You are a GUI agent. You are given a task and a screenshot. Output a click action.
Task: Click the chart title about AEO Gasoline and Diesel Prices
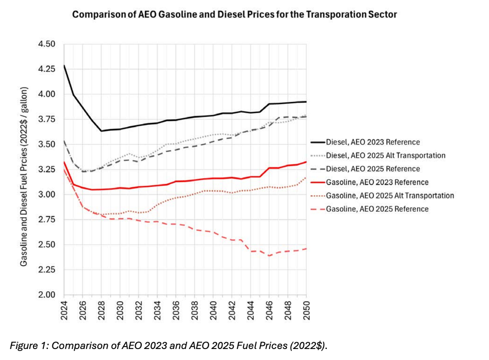coord(235,14)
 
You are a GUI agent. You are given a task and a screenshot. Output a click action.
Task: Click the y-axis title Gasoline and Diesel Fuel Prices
coord(24,177)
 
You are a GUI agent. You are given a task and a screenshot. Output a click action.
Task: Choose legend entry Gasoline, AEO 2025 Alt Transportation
coord(390,195)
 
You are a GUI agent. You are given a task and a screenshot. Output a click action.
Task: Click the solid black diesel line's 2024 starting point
coord(65,66)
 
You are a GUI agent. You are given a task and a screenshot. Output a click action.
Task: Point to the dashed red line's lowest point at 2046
coord(268,256)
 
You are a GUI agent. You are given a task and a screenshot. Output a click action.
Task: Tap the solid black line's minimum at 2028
coord(102,131)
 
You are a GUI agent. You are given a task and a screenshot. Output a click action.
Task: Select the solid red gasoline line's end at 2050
coord(305,162)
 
